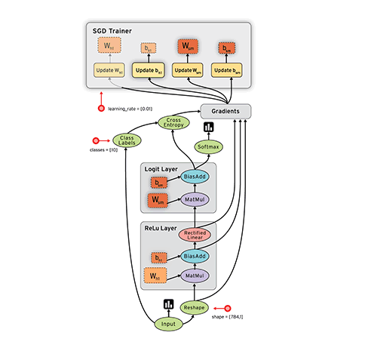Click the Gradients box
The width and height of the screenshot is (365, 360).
tap(225, 111)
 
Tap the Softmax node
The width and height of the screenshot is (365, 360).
tap(208, 146)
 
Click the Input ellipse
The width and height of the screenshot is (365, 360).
tap(169, 325)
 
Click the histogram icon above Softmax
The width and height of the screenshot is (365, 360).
tap(208, 127)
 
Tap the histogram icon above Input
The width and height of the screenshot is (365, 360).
tap(169, 304)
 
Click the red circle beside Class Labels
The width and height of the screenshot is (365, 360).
tap(96, 140)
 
